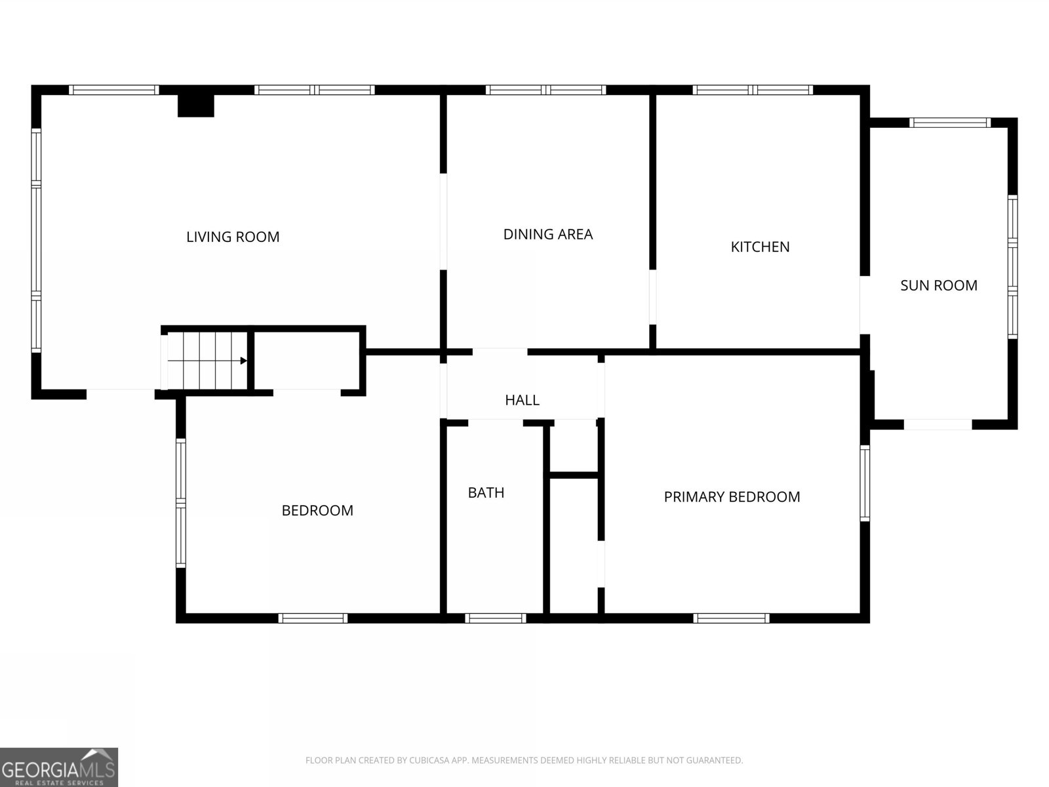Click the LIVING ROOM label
coord(233,237)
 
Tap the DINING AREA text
coord(547,234)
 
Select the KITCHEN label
coord(760,247)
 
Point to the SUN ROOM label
coord(939,285)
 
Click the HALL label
coord(522,400)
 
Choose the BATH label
coord(486,493)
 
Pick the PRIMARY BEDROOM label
coord(732,497)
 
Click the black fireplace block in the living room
coord(196,106)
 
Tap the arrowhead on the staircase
coord(244,361)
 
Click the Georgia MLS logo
coord(59,767)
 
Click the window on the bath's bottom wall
coord(496,618)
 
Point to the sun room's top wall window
coord(950,123)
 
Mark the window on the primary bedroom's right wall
coord(865,483)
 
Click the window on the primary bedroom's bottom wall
coord(731,618)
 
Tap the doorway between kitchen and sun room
coord(865,305)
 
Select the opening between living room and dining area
coord(443,222)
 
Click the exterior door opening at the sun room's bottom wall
coord(938,424)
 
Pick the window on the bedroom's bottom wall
coord(313,618)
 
